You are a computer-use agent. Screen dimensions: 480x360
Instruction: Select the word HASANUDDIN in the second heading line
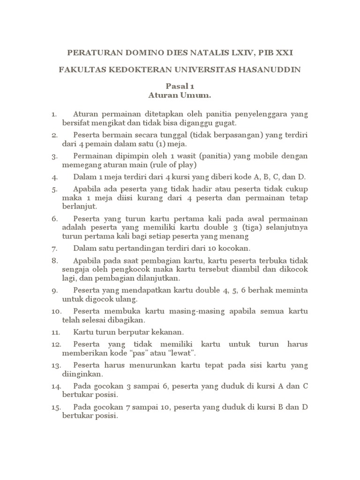272,70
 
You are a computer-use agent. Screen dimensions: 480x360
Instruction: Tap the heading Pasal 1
180,87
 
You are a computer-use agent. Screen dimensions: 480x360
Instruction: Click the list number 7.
54,248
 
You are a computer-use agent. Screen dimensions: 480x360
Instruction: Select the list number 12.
56,344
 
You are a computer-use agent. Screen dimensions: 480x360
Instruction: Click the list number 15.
56,406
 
